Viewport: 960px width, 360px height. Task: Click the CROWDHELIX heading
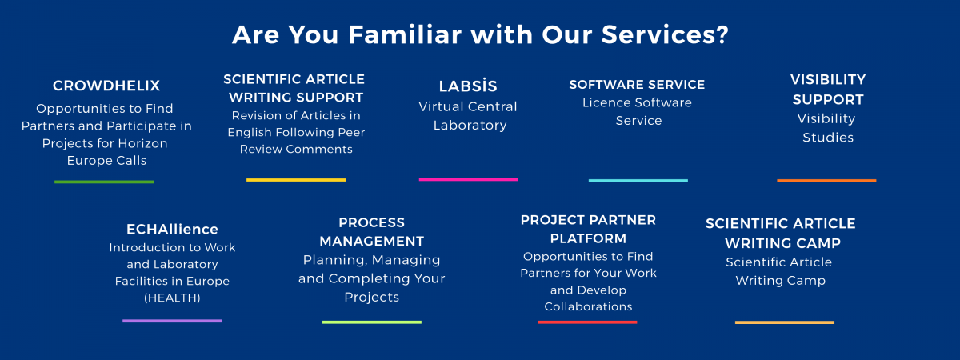106,86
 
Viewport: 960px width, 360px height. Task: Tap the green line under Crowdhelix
104,182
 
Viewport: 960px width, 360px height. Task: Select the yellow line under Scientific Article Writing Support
296,180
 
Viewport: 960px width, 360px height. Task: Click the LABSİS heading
468,86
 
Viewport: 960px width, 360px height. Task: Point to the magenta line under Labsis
468,179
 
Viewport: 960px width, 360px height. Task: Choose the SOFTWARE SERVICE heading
637,84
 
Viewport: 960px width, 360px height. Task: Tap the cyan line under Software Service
638,180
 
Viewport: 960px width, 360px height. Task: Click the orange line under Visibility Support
826,180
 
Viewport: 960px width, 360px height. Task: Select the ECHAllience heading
172,230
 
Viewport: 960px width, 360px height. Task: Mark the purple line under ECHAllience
172,321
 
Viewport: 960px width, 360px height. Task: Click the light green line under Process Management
371,322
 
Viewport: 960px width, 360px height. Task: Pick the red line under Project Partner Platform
587,322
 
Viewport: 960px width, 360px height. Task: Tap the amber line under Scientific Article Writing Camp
784,322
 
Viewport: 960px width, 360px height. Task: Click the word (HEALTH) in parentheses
172,298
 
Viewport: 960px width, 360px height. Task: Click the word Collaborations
588,306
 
